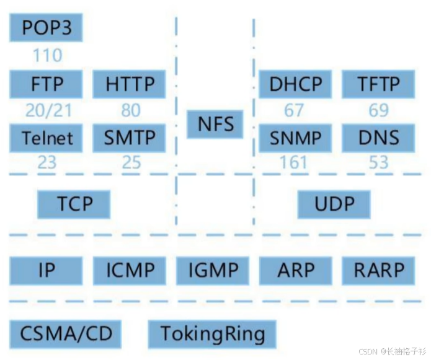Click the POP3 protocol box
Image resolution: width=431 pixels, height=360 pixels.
pyautogui.click(x=47, y=28)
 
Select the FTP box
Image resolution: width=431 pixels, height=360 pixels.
pyautogui.click(x=47, y=84)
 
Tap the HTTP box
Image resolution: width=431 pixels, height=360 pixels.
pyautogui.click(x=129, y=84)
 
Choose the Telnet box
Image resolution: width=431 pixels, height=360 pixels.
pyautogui.click(x=47, y=138)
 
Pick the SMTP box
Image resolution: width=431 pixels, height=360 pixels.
pyautogui.click(x=129, y=138)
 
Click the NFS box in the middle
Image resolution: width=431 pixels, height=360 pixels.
pyautogui.click(x=216, y=123)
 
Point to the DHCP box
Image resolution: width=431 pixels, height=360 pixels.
pyautogui.click(x=295, y=84)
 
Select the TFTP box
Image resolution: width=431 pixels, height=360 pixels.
pyautogui.click(x=379, y=84)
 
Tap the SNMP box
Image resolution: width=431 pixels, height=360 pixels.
pyautogui.click(x=295, y=138)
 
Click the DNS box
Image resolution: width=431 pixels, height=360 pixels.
pyautogui.click(x=379, y=138)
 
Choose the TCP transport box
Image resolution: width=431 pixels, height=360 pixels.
pyautogui.click(x=74, y=204)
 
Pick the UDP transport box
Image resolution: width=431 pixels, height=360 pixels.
pyautogui.click(x=334, y=204)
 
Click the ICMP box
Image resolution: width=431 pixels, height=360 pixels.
pyautogui.click(x=130, y=270)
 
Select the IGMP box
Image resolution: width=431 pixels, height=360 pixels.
pyautogui.click(x=213, y=270)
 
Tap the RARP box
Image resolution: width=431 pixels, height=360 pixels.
pyautogui.click(x=379, y=270)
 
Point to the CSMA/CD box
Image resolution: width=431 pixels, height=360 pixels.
pyautogui.click(x=66, y=334)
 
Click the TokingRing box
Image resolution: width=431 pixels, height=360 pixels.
pyautogui.click(x=212, y=334)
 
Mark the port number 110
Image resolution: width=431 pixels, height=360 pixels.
pyautogui.click(x=47, y=55)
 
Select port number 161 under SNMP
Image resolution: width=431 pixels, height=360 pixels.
pyautogui.click(x=294, y=163)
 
